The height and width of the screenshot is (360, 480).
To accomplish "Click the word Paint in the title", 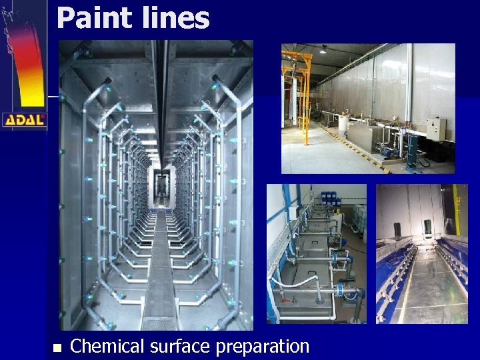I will (x=93, y=18).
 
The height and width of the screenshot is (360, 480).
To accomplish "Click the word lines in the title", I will (x=175, y=18).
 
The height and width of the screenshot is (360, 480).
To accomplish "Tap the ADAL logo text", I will (x=24, y=121).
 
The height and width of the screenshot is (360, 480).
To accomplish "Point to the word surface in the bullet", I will (x=177, y=347).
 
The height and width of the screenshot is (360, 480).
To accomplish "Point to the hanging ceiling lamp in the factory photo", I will (x=323, y=50).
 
